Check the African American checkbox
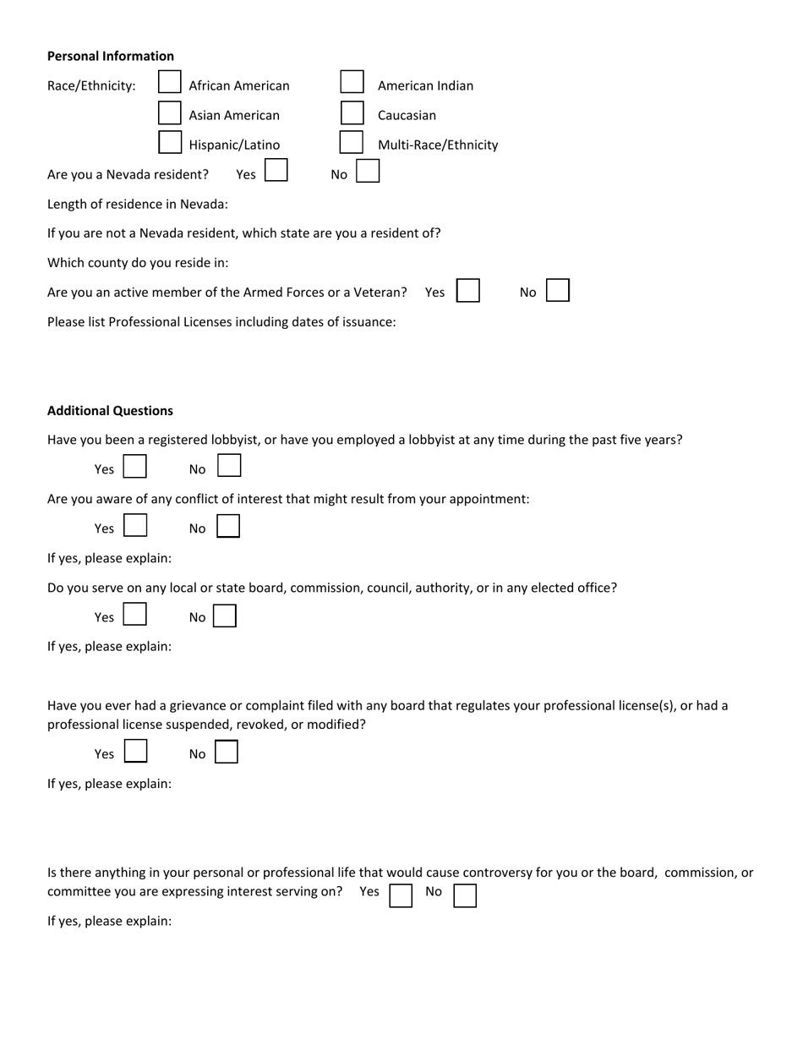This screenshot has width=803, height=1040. [170, 83]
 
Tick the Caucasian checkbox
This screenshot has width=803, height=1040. [352, 112]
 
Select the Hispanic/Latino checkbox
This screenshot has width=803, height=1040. [170, 142]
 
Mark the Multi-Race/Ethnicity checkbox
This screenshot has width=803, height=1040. [352, 142]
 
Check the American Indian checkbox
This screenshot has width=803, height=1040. [352, 83]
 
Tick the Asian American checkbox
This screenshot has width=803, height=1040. [170, 112]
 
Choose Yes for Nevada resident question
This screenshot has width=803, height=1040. [276, 172]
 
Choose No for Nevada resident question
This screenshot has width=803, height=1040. [368, 172]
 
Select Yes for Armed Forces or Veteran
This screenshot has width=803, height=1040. [468, 291]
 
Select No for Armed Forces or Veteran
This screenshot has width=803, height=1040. [558, 291]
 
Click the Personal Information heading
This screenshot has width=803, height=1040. [111, 56]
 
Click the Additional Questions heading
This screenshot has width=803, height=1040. [110, 411]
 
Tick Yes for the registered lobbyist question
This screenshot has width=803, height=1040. [135, 467]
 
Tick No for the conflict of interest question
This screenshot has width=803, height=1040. [228, 527]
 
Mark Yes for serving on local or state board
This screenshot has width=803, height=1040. [135, 615]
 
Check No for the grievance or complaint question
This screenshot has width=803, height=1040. [227, 752]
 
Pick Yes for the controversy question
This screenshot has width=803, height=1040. [401, 895]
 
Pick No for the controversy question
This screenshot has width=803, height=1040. [465, 895]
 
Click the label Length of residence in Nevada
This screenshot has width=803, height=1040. [137, 204]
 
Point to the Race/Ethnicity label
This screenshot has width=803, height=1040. [91, 85]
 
